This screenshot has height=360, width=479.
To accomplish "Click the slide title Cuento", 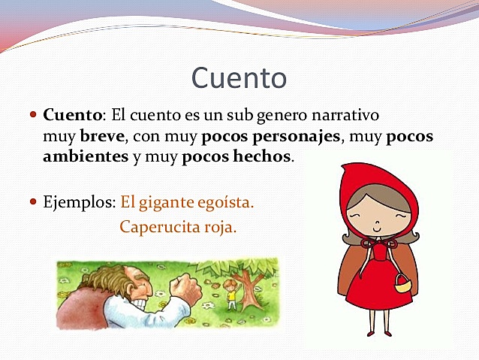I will point(239,77).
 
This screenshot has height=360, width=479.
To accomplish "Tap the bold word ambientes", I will point(86,157).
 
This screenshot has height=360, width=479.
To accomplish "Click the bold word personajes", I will point(295,138).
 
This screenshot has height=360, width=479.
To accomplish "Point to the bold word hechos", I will point(264,157).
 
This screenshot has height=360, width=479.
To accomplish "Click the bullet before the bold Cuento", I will point(33,116).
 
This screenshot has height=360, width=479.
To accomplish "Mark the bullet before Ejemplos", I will point(33,202).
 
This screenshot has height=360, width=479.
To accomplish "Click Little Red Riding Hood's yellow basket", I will point(403,284).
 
